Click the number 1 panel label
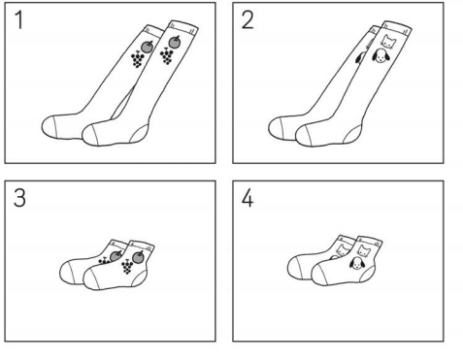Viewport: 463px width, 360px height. click(x=19, y=20)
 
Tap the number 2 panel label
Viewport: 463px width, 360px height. click(x=248, y=20)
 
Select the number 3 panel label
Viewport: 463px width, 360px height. click(x=19, y=198)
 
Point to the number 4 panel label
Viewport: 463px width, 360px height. click(x=248, y=198)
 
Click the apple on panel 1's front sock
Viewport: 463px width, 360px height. click(x=175, y=42)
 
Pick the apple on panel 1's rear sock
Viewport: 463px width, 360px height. click(x=147, y=47)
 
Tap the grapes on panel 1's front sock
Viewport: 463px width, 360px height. click(x=167, y=56)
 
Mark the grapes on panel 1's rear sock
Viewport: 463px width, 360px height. click(x=138, y=60)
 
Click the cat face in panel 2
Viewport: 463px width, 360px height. click(x=388, y=41)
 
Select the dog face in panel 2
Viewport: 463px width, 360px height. click(x=380, y=56)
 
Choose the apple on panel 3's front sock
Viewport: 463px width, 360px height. click(x=138, y=257)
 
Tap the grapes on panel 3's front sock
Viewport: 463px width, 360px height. click(x=127, y=267)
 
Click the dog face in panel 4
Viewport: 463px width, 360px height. click(x=357, y=263)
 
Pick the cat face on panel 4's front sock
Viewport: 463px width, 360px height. click(x=364, y=250)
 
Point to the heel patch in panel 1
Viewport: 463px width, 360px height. click(x=140, y=134)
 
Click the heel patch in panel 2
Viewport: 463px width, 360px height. click(x=352, y=134)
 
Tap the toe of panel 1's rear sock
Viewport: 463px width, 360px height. click(x=50, y=127)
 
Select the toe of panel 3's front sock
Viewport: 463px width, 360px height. click(x=90, y=278)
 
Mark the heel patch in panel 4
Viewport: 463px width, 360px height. click(x=367, y=275)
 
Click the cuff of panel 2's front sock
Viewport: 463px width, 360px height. click(x=396, y=28)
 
